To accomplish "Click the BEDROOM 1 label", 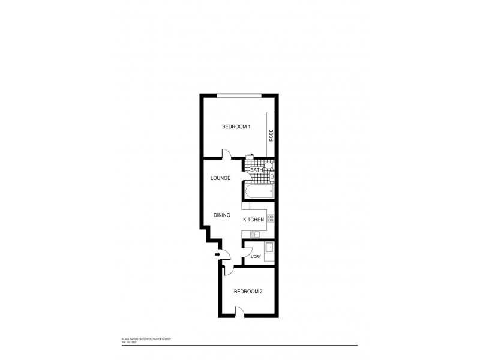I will [236, 127].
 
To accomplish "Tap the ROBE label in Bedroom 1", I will [271, 136].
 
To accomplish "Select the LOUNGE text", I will [221, 178].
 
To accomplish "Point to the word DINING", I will [224, 214].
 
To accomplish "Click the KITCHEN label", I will [253, 220].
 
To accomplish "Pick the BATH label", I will [256, 170].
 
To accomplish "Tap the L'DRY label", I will [256, 257].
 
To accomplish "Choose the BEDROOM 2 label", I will [248, 292].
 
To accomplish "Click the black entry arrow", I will [217, 255].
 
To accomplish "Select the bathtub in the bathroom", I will [259, 192].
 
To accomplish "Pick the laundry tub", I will [269, 248].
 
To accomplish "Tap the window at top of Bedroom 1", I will [239, 95].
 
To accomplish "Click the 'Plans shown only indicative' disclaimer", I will [146, 339].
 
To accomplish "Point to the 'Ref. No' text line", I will [131, 342].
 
